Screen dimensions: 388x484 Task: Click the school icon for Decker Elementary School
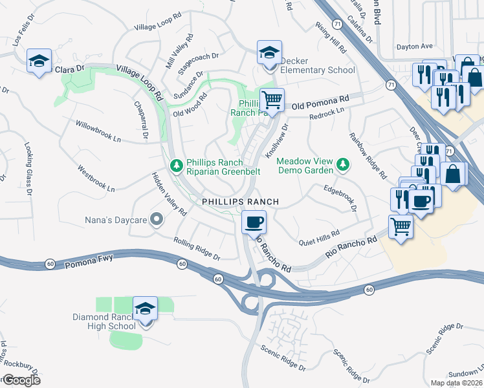point(269,54)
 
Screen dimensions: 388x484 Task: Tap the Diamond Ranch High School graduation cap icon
point(146,310)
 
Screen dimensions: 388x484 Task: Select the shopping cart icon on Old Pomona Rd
point(272,100)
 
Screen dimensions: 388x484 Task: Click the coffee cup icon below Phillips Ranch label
point(253,222)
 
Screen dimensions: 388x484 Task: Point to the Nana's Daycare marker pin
point(156,220)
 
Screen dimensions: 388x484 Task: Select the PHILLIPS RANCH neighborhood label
point(240,202)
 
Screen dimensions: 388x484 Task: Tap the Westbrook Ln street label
point(96,180)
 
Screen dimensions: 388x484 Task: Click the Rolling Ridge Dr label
point(197,248)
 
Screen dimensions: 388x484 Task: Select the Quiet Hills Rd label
point(318,238)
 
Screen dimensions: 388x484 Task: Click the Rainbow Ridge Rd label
point(368,155)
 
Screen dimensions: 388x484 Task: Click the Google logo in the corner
point(21,380)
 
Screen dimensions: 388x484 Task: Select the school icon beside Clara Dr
point(39,62)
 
